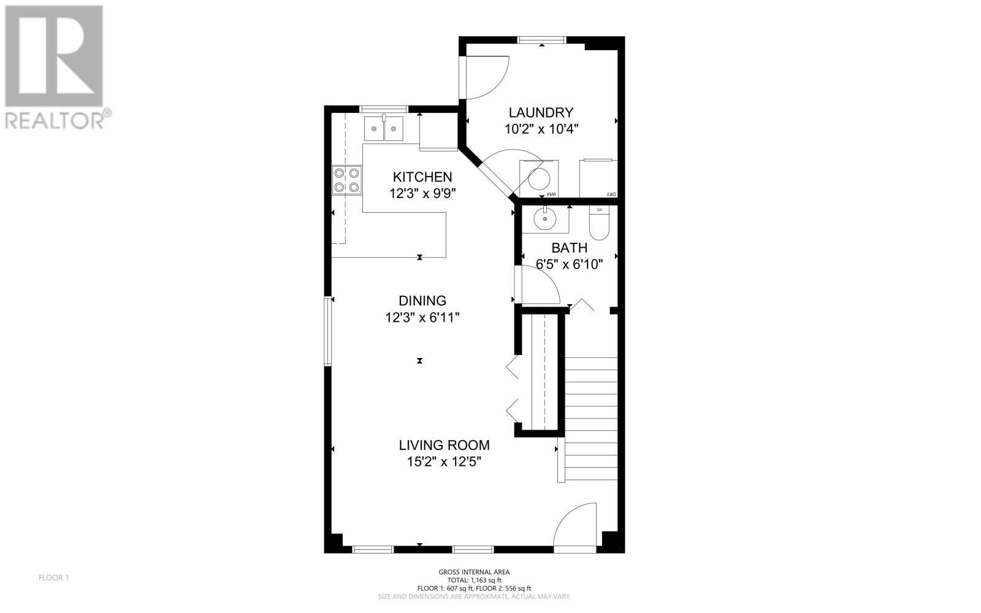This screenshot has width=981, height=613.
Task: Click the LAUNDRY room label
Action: click(541, 113)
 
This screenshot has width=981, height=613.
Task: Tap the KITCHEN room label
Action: click(422, 177)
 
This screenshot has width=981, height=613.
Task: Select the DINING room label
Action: click(422, 301)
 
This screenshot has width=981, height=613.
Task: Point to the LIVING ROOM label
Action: click(444, 445)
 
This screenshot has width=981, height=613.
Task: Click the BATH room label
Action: click(570, 248)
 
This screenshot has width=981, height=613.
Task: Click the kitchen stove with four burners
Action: click(347, 180)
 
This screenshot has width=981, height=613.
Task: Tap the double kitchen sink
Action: click(384, 129)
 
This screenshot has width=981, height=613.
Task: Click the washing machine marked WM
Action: click(539, 178)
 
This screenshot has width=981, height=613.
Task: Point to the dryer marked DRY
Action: click(598, 178)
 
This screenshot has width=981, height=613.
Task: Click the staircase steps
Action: click(591, 419)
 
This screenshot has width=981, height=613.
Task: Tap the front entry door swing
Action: click(575, 525)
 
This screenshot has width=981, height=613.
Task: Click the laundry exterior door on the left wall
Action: click(484, 77)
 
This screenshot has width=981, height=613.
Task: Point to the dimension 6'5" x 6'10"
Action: click(570, 264)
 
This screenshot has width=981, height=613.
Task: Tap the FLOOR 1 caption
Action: click(54, 578)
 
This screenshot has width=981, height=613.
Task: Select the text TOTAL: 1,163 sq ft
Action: click(475, 580)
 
